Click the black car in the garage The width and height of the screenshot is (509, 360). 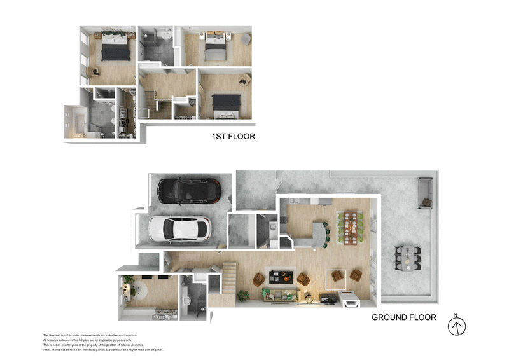click(185, 190)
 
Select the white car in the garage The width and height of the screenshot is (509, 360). click(179, 229)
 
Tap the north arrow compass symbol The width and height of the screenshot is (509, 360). click(457, 326)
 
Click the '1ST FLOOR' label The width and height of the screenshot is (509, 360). click(233, 136)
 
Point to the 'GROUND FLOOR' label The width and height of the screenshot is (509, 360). click(404, 317)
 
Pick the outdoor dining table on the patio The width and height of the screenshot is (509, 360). click(408, 256)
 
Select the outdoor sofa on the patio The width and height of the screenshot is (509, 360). click(424, 194)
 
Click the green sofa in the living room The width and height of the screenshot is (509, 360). click(281, 294)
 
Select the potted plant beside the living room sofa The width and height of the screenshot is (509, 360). click(242, 296)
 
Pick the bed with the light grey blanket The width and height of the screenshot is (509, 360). click(214, 50)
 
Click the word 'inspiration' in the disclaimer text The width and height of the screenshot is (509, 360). click(101, 340)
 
